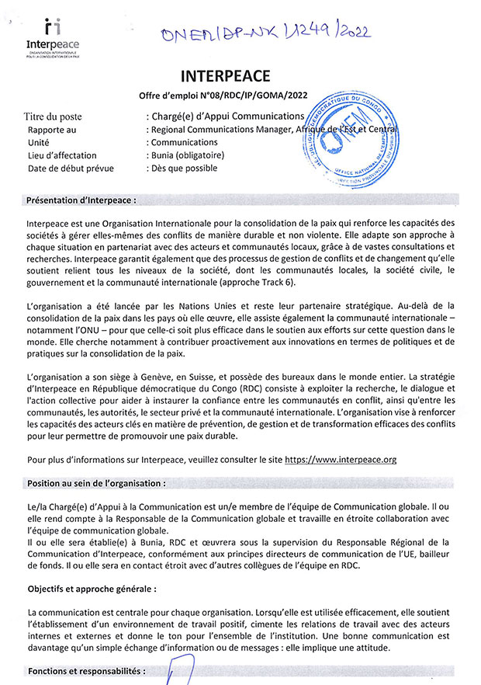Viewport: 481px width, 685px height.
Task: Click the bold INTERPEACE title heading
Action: tap(225, 76)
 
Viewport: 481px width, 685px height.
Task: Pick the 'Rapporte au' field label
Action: tap(52, 130)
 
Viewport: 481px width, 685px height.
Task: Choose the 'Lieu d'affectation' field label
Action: tap(62, 155)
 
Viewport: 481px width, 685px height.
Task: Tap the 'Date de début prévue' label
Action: tap(71, 168)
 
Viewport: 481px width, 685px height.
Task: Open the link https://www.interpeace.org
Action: tap(341, 460)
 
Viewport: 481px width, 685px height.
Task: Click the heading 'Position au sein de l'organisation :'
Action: tap(96, 482)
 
